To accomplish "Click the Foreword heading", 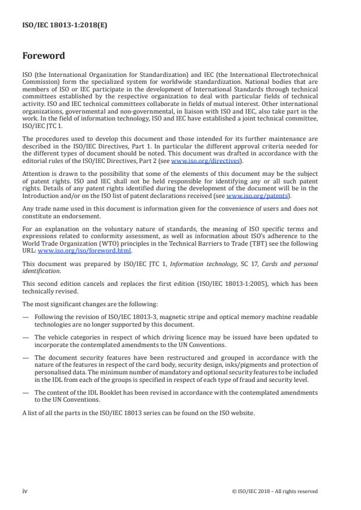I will (x=43, y=56).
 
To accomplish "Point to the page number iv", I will (x=25, y=491).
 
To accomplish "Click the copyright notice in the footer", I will (x=274, y=491).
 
